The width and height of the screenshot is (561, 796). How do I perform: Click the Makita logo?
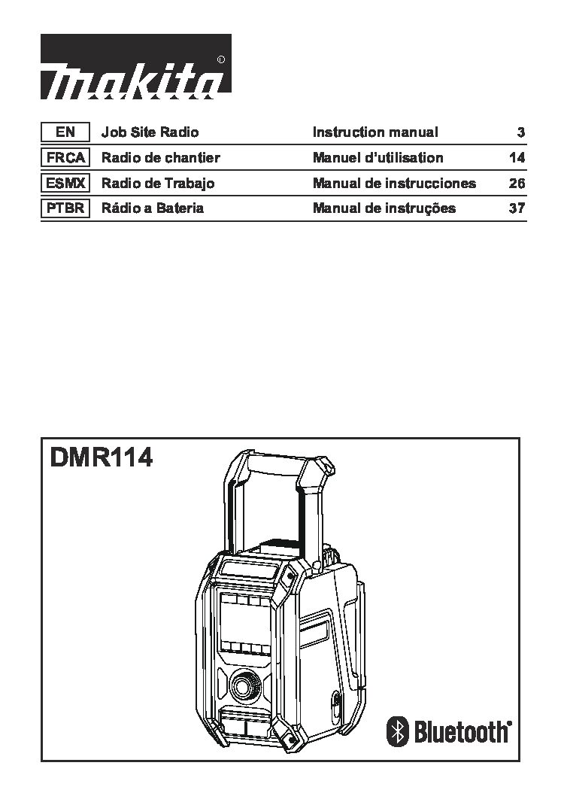(x=136, y=66)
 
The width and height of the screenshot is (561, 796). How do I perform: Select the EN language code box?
(x=65, y=132)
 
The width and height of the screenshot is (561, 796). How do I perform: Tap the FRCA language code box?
(x=65, y=157)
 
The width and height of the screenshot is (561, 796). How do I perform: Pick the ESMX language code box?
(x=65, y=183)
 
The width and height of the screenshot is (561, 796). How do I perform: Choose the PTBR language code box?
(x=65, y=208)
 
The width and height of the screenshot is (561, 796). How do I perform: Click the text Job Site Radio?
(x=150, y=132)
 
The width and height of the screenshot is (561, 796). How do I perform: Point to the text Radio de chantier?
(x=161, y=157)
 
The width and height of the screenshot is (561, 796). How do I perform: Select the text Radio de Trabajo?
(x=158, y=184)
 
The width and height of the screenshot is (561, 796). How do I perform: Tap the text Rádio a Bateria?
(x=153, y=208)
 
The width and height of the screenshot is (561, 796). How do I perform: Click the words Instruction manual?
(x=375, y=132)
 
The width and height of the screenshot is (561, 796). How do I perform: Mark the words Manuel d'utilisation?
(x=378, y=157)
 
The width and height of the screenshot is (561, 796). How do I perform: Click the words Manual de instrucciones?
(x=394, y=183)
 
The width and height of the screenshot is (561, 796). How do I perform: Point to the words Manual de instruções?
(x=384, y=208)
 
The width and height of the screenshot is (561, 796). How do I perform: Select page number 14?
(x=517, y=158)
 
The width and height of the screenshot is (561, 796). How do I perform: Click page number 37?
(x=517, y=208)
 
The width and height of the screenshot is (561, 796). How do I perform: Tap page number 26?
(x=517, y=184)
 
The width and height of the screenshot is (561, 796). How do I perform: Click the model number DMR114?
(x=102, y=457)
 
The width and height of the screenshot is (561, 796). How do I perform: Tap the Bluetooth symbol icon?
(x=398, y=731)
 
